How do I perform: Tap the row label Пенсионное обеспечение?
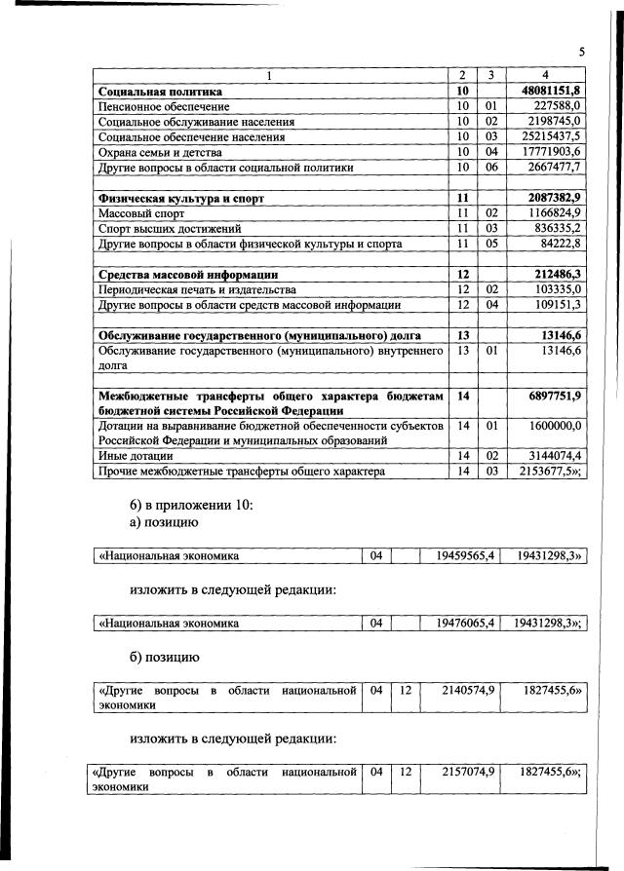[x=164, y=106]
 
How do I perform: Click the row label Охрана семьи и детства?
[x=161, y=152]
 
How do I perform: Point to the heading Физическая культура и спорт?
[x=181, y=198]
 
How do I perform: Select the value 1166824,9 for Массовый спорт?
[x=553, y=212]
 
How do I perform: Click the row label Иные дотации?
[x=135, y=455]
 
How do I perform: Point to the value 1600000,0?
[x=553, y=426]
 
